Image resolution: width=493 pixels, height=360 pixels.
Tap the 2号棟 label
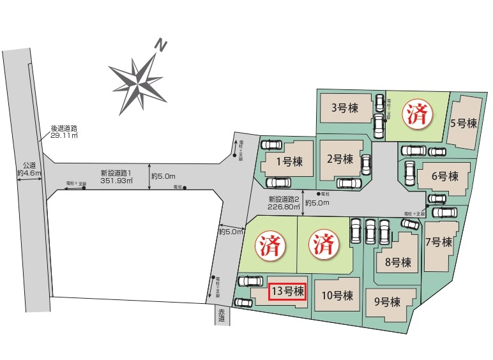[x=339, y=159]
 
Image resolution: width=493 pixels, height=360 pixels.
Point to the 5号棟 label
[x=464, y=123]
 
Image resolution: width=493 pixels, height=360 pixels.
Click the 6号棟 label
[x=444, y=176]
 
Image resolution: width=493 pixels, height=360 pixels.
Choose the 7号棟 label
[x=439, y=242]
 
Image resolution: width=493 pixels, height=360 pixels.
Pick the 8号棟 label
[x=398, y=262]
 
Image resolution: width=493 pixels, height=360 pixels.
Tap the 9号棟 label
[x=387, y=301]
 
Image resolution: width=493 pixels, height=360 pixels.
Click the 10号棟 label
[x=337, y=296]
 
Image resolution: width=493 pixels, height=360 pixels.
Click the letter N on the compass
[x=163, y=46]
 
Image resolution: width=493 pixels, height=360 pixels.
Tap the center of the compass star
[x=138, y=81]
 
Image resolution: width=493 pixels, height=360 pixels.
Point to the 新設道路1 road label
[x=116, y=173]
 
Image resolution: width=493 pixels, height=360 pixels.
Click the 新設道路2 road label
[x=284, y=198]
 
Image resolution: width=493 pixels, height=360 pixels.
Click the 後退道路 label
[x=64, y=128]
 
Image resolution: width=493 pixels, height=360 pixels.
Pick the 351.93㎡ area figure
[x=116, y=181]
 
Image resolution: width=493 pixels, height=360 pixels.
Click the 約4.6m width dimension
[x=29, y=172]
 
